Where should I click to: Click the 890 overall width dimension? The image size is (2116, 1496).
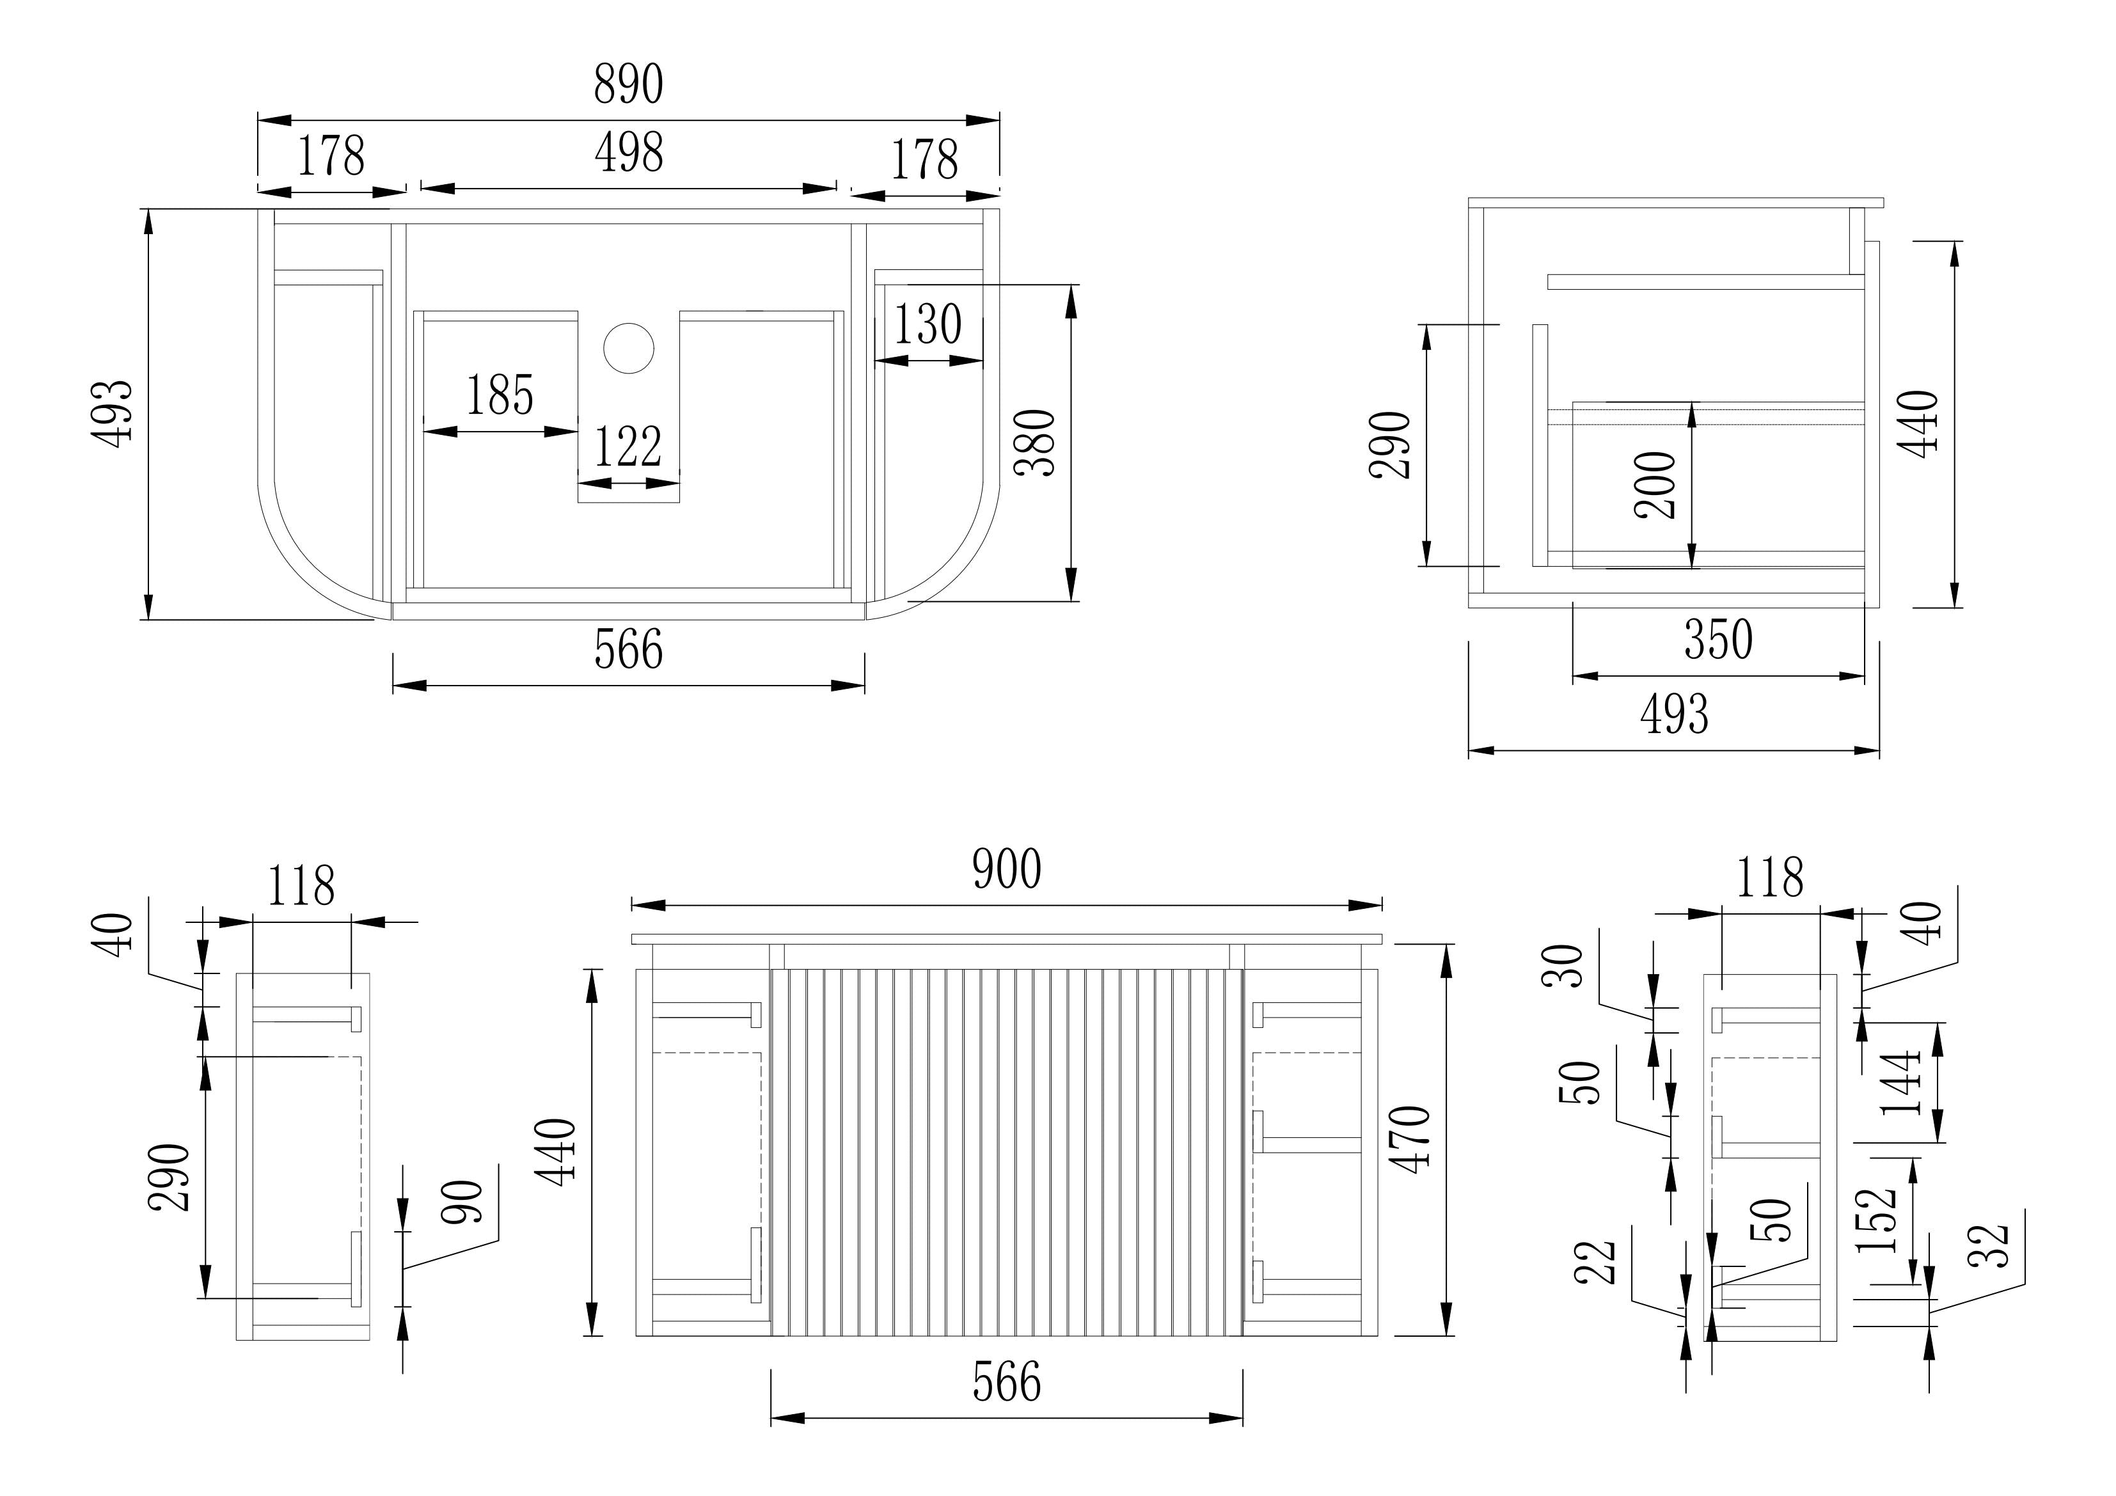click(x=629, y=85)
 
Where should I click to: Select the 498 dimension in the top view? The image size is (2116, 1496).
click(x=629, y=153)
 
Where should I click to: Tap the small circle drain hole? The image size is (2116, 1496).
click(x=629, y=349)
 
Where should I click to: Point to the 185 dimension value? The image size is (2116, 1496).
click(x=500, y=395)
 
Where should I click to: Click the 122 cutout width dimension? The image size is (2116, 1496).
click(x=628, y=447)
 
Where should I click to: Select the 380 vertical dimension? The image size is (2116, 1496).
click(x=1035, y=443)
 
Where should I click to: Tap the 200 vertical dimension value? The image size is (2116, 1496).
click(x=1655, y=485)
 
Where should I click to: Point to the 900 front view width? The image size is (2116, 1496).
click(x=1007, y=869)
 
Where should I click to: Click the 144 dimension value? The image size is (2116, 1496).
click(x=1900, y=1082)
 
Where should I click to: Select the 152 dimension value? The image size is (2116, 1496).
click(x=1875, y=1220)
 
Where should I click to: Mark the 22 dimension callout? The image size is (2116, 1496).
click(x=1597, y=1263)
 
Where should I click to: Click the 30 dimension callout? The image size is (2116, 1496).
click(x=1563, y=966)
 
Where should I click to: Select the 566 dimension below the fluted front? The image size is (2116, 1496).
click(x=1007, y=1383)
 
